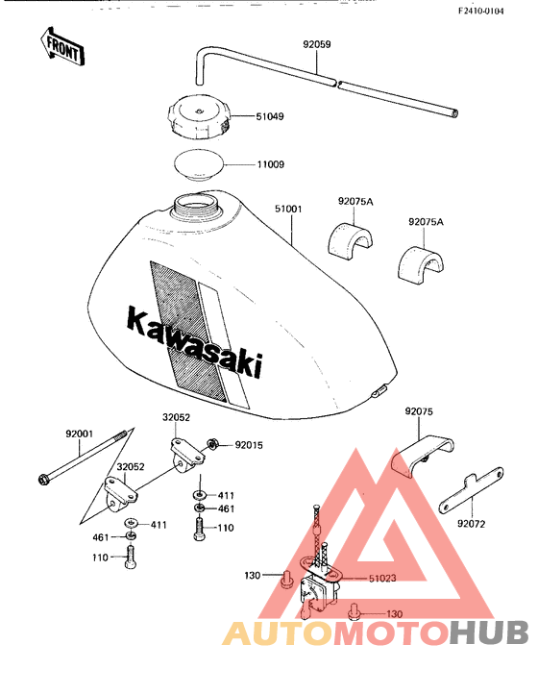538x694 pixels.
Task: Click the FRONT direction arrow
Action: click(x=61, y=46)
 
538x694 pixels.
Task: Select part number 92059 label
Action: click(x=317, y=45)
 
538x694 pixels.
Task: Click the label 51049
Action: click(x=270, y=117)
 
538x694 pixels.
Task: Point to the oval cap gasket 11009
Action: click(x=199, y=164)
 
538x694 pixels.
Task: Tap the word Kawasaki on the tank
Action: click(x=195, y=341)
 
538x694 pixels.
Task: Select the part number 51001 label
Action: click(x=288, y=209)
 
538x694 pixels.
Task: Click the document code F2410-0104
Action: click(x=481, y=12)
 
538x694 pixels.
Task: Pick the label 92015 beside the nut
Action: click(x=249, y=445)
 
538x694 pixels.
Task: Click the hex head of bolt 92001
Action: click(x=44, y=479)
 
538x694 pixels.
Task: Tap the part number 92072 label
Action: click(x=471, y=524)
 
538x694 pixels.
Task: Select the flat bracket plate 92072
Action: click(x=471, y=490)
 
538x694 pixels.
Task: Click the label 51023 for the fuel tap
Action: click(x=382, y=579)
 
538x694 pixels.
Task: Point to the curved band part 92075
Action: click(x=423, y=456)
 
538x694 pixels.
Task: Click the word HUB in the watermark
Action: click(x=489, y=632)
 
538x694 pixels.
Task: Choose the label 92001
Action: click(x=80, y=434)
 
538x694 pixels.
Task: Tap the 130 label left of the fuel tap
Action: click(x=252, y=576)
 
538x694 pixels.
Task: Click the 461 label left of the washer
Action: click(x=101, y=537)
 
